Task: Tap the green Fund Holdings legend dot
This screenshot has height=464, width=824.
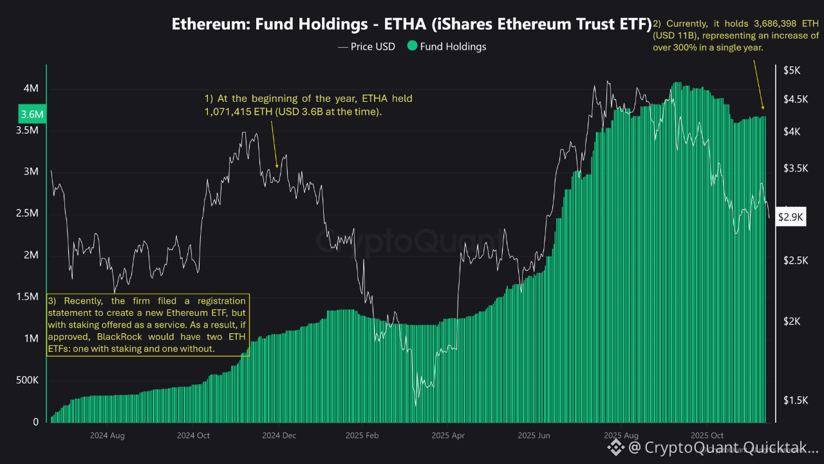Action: point(412,46)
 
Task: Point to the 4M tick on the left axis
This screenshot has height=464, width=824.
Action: point(31,88)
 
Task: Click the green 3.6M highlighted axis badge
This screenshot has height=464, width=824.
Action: point(32,115)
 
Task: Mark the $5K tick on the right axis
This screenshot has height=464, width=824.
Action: point(792,70)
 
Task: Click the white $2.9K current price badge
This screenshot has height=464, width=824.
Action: point(791,217)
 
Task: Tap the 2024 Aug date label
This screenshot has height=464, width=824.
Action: point(108,436)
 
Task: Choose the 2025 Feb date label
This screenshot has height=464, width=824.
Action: point(364,436)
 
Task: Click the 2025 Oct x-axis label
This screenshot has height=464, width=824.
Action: point(707,436)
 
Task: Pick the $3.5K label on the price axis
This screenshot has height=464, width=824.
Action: point(792,168)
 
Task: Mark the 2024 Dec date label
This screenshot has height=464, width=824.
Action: point(279,436)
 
